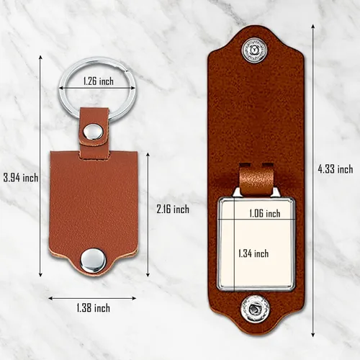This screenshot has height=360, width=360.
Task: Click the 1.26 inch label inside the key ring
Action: pos(99,81)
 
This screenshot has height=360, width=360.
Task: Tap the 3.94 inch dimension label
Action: pos(21,178)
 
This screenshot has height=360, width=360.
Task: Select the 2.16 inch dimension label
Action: pos(173,210)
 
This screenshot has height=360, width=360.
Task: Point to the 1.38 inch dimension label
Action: pos(94,307)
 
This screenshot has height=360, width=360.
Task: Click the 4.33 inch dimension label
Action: pos(336,169)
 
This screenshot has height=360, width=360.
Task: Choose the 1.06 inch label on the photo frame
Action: pos(265,213)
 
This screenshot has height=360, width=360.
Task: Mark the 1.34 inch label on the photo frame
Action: pos(253,253)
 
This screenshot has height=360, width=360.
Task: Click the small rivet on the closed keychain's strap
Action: pos(93,132)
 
